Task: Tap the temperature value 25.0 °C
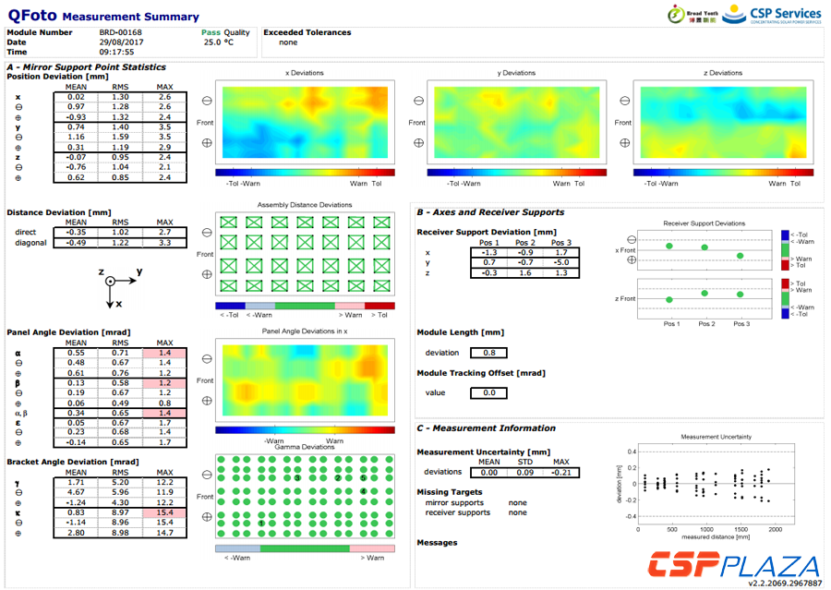[219, 42]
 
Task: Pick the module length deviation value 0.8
[488, 352]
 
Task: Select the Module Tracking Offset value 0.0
[488, 393]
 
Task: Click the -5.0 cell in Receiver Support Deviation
[561, 262]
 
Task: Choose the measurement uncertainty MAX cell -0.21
[560, 472]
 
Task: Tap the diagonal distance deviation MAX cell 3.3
[165, 243]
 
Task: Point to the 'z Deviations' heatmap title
[723, 73]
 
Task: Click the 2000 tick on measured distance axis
[775, 530]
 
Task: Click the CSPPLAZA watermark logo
[731, 564]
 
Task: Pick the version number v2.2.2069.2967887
[785, 583]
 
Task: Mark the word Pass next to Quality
[211, 32]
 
